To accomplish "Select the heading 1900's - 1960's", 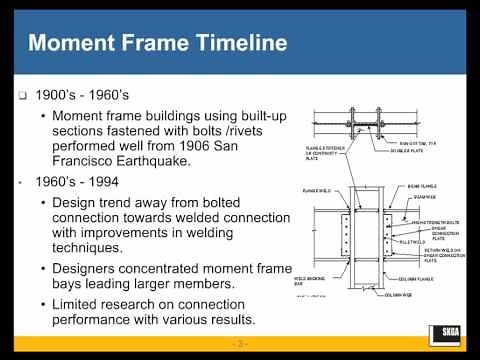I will click(x=85, y=99).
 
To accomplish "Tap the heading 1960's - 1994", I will click(x=80, y=185).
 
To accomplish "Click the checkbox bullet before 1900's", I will click(x=23, y=99).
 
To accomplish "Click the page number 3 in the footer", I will click(x=240, y=343).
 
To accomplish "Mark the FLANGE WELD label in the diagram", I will click(x=315, y=188).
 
